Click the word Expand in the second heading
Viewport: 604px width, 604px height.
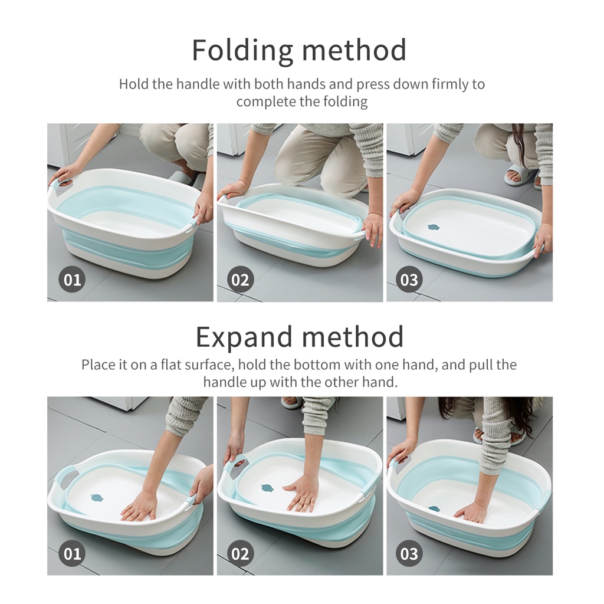[x=244, y=337]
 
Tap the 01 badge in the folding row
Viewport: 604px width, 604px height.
[x=72, y=279]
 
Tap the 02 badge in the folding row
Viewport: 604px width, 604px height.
[x=241, y=279]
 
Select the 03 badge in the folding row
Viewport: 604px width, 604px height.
[x=409, y=279]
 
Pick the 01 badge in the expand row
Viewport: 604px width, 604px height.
[x=72, y=553]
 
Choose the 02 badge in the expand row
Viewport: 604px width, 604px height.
[x=241, y=553]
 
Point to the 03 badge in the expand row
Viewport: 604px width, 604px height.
[x=409, y=553]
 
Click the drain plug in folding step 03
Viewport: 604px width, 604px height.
[x=434, y=227]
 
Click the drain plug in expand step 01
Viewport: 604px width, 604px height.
[x=96, y=498]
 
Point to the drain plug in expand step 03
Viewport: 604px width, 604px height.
[x=434, y=509]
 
